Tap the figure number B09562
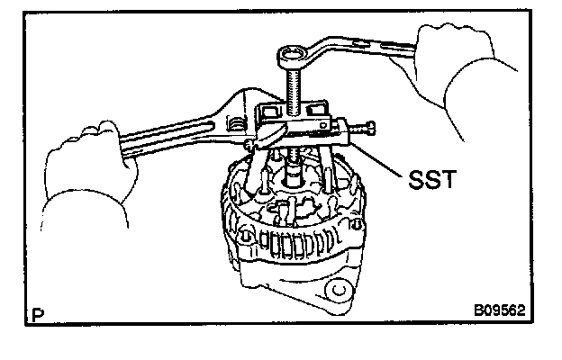click(498, 311)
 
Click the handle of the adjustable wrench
click(171, 135)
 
